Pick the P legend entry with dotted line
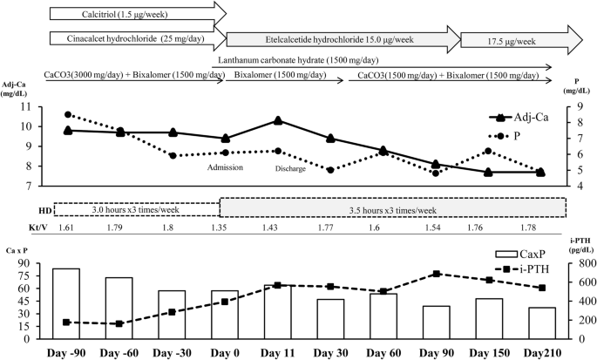pyautogui.click(x=523, y=136)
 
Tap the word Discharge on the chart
pyautogui.click(x=290, y=169)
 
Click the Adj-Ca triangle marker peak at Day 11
pyautogui.click(x=278, y=120)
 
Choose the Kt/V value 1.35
pyautogui.click(x=225, y=228)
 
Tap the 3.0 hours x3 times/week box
pyautogui.click(x=136, y=209)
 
